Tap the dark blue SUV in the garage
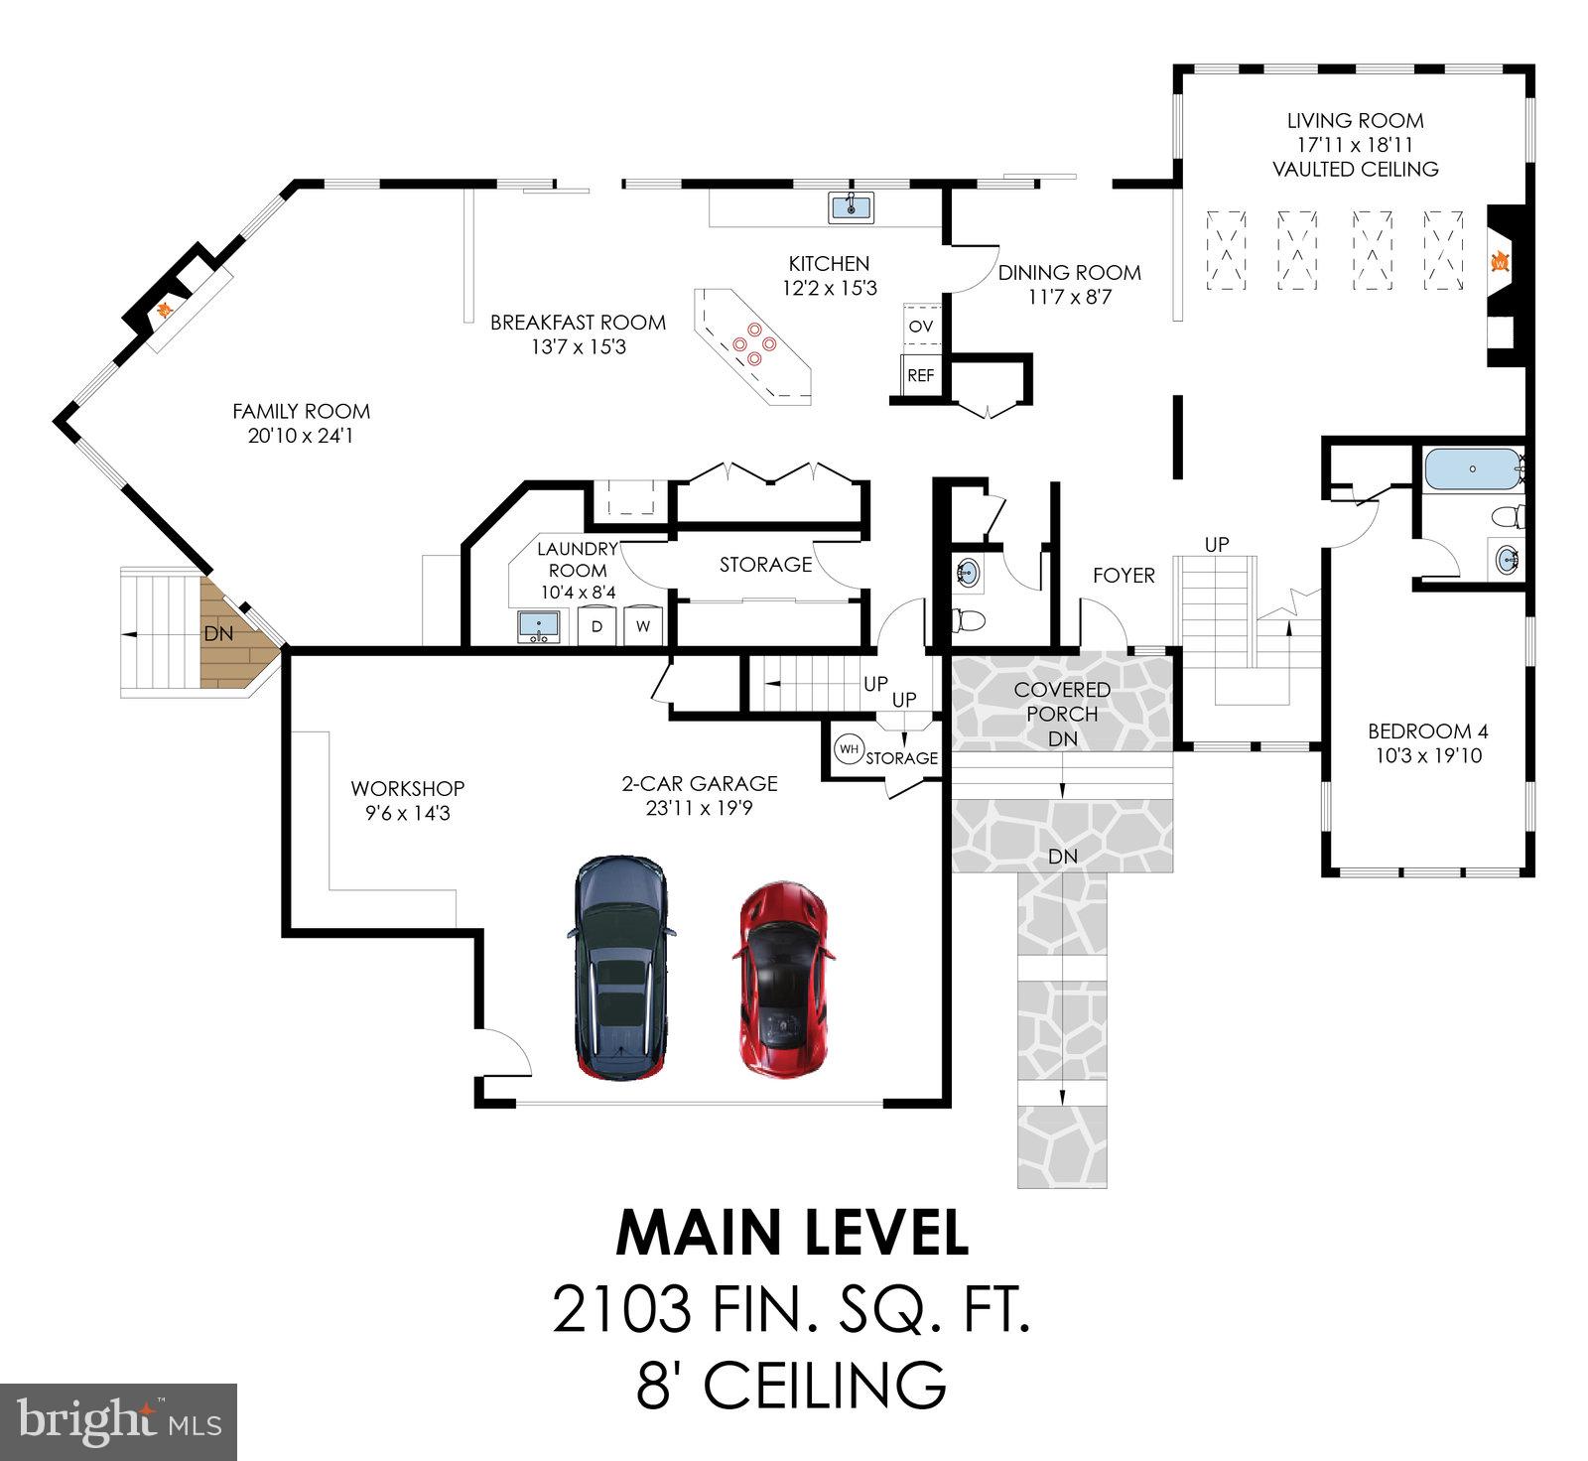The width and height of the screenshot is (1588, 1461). (x=621, y=967)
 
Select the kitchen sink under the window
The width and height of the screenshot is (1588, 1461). (x=851, y=207)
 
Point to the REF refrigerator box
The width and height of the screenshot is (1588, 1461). (x=920, y=375)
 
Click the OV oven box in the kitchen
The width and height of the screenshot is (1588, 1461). (x=920, y=326)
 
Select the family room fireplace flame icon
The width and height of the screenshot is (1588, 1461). (x=165, y=309)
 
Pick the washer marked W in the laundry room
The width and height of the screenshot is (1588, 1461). (x=643, y=625)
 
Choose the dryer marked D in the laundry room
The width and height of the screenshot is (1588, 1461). (x=597, y=625)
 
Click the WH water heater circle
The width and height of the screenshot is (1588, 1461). (x=849, y=748)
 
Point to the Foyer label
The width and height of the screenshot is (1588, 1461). (x=1124, y=576)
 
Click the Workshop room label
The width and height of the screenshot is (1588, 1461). (x=407, y=789)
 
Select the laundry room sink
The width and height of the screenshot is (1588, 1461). (x=538, y=627)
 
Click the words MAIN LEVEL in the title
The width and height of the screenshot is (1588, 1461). (x=792, y=1234)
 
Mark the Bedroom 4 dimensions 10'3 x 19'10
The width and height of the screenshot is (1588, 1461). (x=1428, y=755)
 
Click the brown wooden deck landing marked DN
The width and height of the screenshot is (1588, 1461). (x=235, y=634)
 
